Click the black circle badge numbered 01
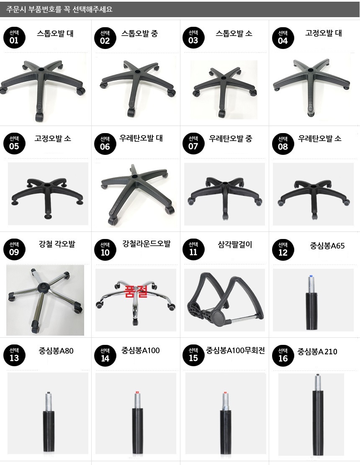coord(14,37)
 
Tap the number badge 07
coord(193,143)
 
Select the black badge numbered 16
coord(283,355)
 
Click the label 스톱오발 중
coord(139,33)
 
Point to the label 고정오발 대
coord(324,33)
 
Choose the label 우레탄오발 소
coord(320,139)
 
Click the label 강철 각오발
coord(57,244)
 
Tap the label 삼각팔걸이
coord(235,244)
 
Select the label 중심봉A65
coord(327,246)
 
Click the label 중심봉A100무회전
coord(235,351)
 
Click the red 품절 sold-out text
coord(136,291)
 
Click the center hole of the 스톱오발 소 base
coord(223,78)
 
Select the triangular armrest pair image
coord(225,300)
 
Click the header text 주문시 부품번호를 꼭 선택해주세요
coord(59,9)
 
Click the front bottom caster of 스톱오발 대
coord(40,116)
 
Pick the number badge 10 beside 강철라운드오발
coord(105,249)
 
